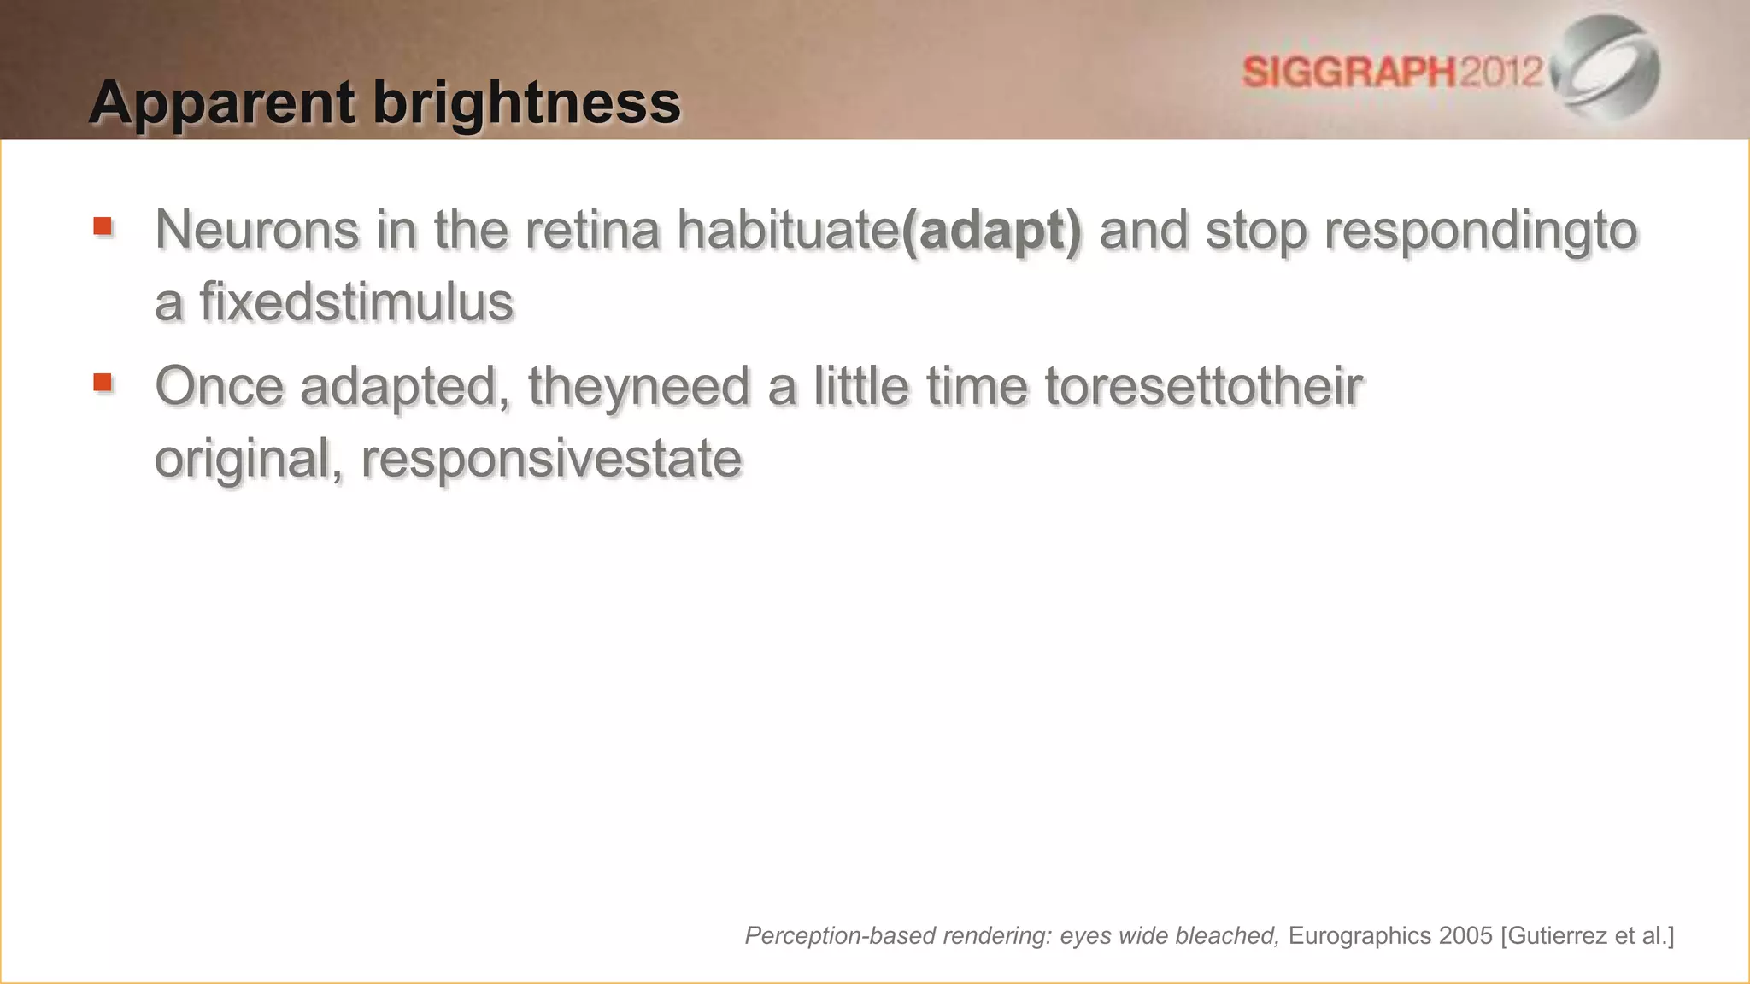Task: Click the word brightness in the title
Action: (x=526, y=103)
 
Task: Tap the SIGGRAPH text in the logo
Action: (x=1348, y=72)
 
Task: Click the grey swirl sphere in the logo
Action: (x=1607, y=67)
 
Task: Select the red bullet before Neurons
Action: (x=103, y=226)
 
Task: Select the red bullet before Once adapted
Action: (x=103, y=382)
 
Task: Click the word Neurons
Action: (x=256, y=230)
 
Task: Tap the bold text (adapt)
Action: (x=991, y=231)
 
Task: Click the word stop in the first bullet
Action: (x=1256, y=231)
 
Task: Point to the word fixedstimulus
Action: (x=356, y=302)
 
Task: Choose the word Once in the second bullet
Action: (x=219, y=386)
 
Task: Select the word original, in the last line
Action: (x=249, y=460)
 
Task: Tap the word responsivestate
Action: (x=551, y=460)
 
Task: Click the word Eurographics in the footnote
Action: (x=1359, y=936)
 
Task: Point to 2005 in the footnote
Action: (x=1465, y=936)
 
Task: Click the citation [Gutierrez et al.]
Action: (x=1587, y=936)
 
